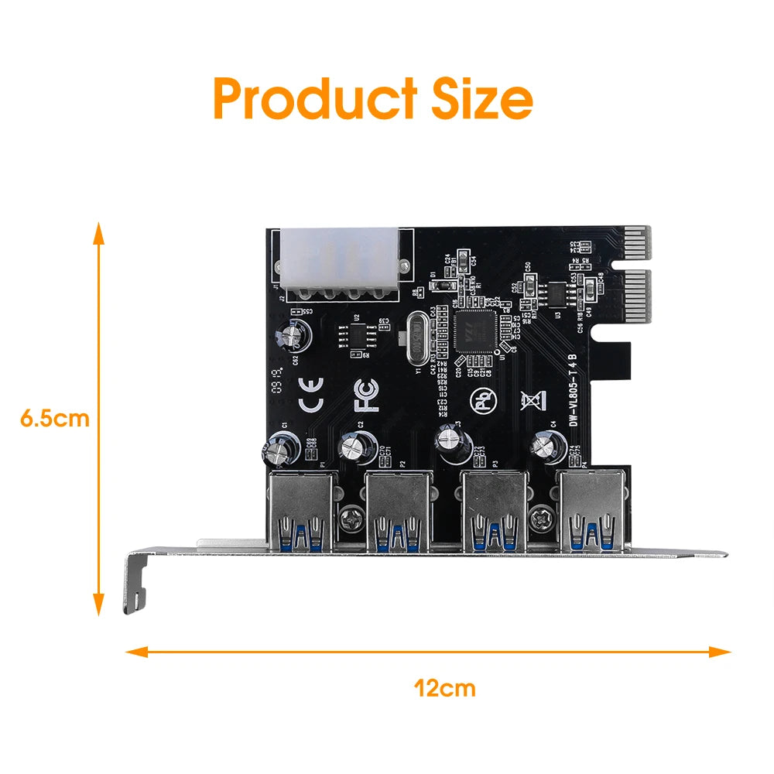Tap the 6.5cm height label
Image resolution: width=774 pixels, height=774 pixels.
[x=55, y=419]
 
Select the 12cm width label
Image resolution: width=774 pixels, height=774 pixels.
[x=445, y=687]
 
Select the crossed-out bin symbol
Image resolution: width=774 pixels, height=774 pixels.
[x=530, y=400]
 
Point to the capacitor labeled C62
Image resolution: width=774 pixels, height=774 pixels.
[x=295, y=338]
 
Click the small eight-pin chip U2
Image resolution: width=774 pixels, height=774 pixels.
[x=358, y=334]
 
